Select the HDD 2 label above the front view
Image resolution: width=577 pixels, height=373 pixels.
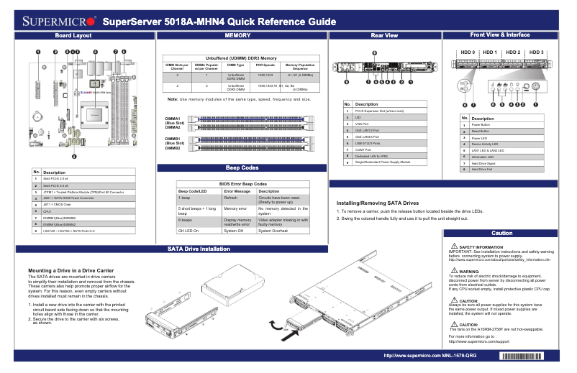(x=513, y=52)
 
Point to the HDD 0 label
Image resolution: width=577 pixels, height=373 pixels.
(x=468, y=52)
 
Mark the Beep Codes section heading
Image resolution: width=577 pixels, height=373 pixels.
(x=242, y=167)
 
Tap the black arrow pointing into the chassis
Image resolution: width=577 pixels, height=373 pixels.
(x=290, y=334)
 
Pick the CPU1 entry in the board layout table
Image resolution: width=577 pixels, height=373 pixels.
(x=48, y=213)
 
